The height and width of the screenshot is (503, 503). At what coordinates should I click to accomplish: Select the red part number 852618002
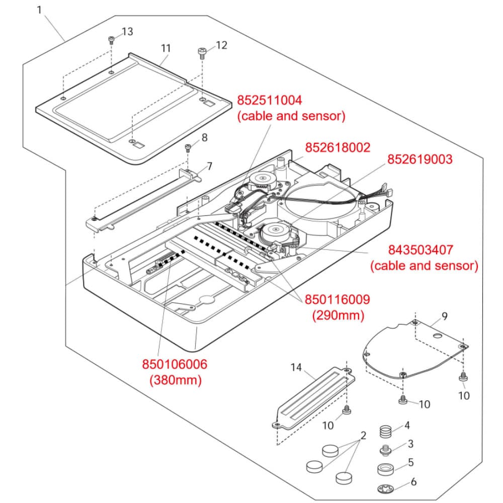(338, 147)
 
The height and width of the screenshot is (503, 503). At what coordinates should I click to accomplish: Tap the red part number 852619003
(420, 159)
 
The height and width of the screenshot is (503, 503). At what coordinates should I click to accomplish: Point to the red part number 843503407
(421, 249)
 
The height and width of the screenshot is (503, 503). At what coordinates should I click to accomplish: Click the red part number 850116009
(337, 300)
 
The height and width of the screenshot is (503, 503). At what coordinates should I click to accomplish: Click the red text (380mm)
(175, 380)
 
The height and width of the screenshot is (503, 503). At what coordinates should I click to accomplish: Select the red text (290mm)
(338, 316)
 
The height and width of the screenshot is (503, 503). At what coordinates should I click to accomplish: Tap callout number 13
(127, 32)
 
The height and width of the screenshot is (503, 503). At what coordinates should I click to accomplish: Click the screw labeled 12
(202, 52)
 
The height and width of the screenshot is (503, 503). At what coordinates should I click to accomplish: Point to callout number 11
(165, 48)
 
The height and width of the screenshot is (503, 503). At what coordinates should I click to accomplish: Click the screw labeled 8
(188, 147)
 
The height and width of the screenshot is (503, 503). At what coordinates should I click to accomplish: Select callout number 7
(209, 166)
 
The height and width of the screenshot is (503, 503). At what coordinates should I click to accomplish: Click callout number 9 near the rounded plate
(444, 316)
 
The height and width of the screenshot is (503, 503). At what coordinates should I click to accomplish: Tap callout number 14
(296, 368)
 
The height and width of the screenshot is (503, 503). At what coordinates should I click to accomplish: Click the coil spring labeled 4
(385, 431)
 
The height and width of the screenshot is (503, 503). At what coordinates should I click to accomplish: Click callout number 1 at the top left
(40, 10)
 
